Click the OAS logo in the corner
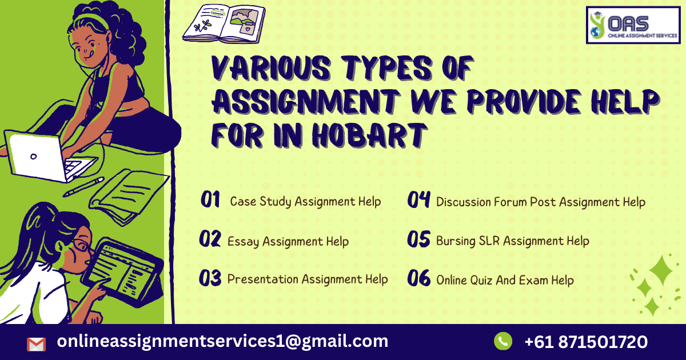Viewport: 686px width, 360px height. tap(634, 25)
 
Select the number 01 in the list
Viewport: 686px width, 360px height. tap(210, 200)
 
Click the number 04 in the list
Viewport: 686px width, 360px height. tap(418, 200)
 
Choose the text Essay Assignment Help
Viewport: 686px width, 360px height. tap(288, 241)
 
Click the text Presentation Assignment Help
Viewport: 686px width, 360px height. tap(308, 279)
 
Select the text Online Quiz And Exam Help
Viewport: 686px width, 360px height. tap(505, 280)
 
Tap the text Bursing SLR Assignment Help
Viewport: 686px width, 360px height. tap(512, 241)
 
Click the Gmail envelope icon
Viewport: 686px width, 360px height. tap(36, 344)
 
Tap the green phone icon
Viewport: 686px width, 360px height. tap(503, 342)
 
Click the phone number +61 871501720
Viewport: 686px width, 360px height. tap(586, 342)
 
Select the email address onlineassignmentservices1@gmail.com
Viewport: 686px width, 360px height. tap(222, 342)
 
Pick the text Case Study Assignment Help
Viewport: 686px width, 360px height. tap(305, 202)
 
